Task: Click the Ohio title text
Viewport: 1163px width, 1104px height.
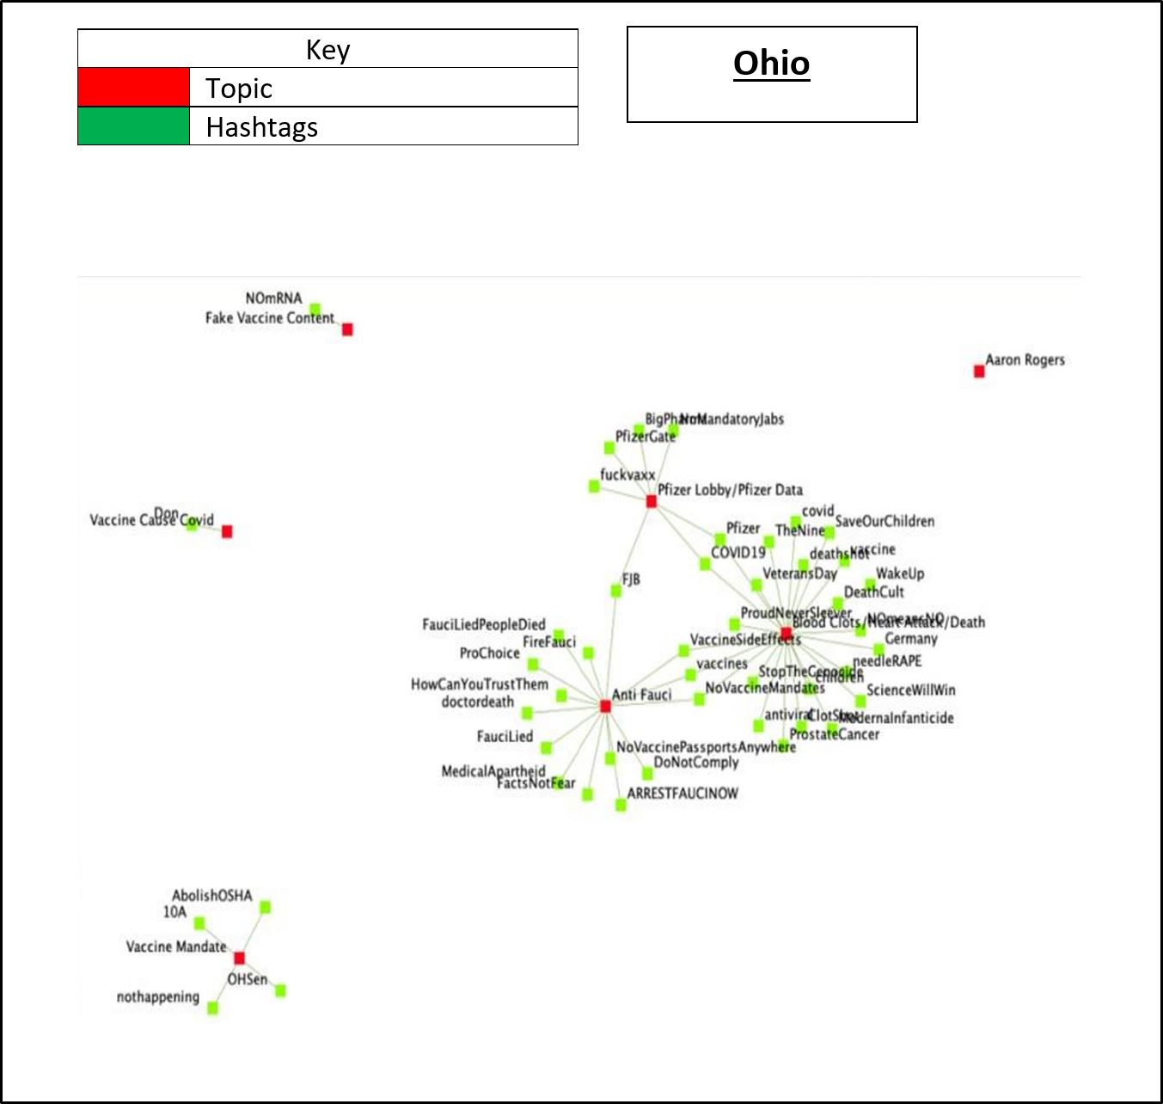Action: (771, 64)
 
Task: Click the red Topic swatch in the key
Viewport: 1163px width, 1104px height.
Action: (133, 88)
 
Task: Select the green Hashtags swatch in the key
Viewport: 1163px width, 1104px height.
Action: (133, 126)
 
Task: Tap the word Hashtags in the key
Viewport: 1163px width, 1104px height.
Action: (261, 127)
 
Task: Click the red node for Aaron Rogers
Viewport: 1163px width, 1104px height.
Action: (979, 371)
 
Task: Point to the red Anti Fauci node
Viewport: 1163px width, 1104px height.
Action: (605, 706)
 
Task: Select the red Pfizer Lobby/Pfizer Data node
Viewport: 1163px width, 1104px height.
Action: (651, 501)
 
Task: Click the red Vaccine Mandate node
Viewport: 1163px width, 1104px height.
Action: (239, 958)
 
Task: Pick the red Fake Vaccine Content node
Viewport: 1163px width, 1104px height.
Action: (347, 329)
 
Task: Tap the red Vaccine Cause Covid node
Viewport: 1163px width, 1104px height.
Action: (227, 531)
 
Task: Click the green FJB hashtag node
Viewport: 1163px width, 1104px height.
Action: (615, 591)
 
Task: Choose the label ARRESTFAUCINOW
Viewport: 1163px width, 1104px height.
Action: (682, 793)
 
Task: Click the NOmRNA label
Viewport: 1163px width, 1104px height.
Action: (273, 298)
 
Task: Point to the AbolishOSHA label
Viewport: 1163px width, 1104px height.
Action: (211, 895)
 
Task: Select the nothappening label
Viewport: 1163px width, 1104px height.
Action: (157, 997)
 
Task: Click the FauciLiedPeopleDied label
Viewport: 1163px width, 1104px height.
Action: (483, 624)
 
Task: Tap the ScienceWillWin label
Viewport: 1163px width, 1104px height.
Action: (910, 690)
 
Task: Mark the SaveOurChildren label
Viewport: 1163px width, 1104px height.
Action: (884, 521)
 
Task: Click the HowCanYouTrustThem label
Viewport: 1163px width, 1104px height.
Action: (479, 684)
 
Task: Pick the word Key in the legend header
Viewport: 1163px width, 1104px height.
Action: (327, 50)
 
